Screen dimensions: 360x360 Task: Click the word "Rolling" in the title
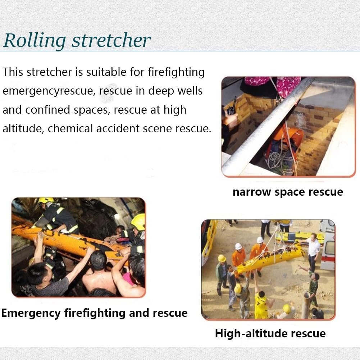35,41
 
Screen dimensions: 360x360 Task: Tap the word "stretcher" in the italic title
111,40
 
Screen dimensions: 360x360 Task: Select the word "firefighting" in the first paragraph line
176,72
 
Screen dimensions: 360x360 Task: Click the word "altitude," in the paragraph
23,129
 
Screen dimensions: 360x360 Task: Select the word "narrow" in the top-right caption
252,192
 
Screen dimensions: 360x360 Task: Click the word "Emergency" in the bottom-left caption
31,313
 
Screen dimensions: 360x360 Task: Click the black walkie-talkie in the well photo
232,108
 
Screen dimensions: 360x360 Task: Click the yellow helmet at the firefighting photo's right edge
138,222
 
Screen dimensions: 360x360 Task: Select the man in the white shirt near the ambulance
312,251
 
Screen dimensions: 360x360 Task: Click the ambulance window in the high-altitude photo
330,248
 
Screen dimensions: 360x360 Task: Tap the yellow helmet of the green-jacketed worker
222,258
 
